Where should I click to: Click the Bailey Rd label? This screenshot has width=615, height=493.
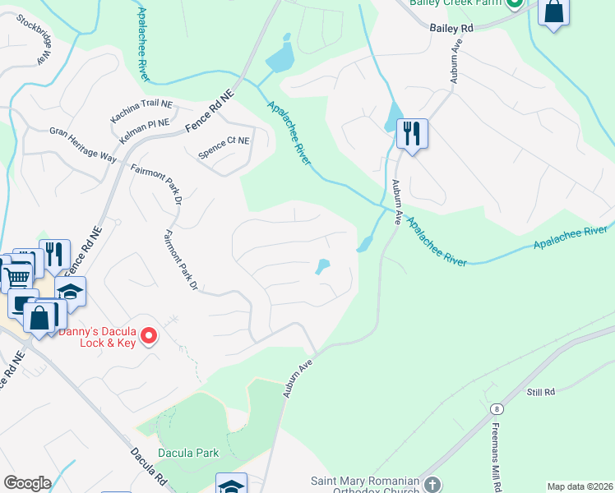pyautogui.click(x=452, y=28)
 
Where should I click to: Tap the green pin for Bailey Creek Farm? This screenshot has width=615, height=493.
pyautogui.click(x=515, y=3)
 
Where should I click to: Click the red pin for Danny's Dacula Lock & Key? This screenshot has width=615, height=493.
pyautogui.click(x=149, y=334)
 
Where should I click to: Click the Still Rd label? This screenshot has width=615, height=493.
pyautogui.click(x=540, y=394)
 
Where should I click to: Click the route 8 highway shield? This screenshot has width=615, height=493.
pyautogui.click(x=497, y=408)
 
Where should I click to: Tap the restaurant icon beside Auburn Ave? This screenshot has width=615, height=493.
pyautogui.click(x=411, y=132)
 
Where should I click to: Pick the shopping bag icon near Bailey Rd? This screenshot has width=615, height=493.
pyautogui.click(x=554, y=12)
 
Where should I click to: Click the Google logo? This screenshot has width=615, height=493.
pyautogui.click(x=27, y=483)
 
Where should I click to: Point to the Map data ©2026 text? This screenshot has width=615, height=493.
pyautogui.click(x=580, y=486)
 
